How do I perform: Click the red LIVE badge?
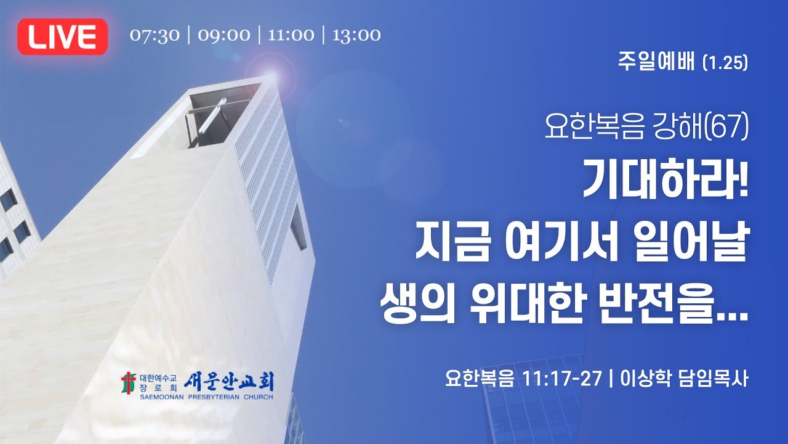(63, 37)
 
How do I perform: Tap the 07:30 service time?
(155, 35)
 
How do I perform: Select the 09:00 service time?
(224, 35)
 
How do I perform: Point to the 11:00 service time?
(291, 35)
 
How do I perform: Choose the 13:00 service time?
(356, 35)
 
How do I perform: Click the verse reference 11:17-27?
(561, 378)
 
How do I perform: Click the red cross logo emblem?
(128, 383)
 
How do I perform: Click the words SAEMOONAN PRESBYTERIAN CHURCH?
(197, 396)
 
